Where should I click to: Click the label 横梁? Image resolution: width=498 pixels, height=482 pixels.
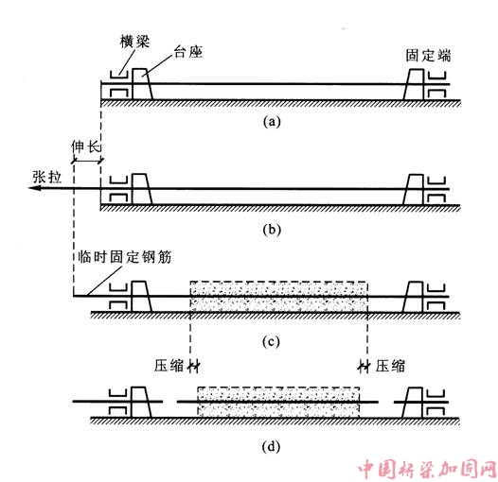pyautogui.click(x=134, y=42)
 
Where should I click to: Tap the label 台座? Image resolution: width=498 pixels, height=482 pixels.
pyautogui.click(x=188, y=52)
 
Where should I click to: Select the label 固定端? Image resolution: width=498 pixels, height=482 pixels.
pyautogui.click(x=428, y=56)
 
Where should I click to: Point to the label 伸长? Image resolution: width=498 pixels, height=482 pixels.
pyautogui.click(x=86, y=146)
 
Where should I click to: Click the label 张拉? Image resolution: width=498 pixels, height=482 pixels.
pyautogui.click(x=47, y=177)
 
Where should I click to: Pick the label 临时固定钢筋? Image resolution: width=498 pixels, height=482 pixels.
pyautogui.click(x=125, y=257)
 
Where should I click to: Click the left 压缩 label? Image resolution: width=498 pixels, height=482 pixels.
pyautogui.click(x=169, y=366)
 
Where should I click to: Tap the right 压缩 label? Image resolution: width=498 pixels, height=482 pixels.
pyautogui.click(x=390, y=366)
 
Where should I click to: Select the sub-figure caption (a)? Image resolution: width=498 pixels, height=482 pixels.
pyautogui.click(x=272, y=122)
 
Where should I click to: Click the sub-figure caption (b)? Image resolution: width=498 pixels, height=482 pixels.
pyautogui.click(x=272, y=230)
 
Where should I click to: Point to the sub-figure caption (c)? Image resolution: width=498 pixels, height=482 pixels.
pyautogui.click(x=271, y=341)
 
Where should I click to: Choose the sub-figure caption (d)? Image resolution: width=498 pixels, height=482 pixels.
pyautogui.click(x=271, y=447)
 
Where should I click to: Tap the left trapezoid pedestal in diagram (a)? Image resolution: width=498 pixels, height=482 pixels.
pyautogui.click(x=142, y=84)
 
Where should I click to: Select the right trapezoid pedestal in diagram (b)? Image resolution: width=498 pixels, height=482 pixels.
pyautogui.click(x=414, y=189)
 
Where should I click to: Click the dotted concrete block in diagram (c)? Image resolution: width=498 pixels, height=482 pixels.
pyautogui.click(x=279, y=297)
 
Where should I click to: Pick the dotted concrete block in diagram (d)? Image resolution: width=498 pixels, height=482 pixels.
pyautogui.click(x=278, y=403)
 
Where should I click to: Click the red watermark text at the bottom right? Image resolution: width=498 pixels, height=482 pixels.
pyautogui.click(x=427, y=469)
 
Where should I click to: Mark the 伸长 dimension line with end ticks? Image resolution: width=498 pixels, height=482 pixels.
pyautogui.click(x=87, y=160)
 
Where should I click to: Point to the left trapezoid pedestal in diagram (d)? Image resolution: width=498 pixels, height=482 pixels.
pyautogui.click(x=141, y=402)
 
